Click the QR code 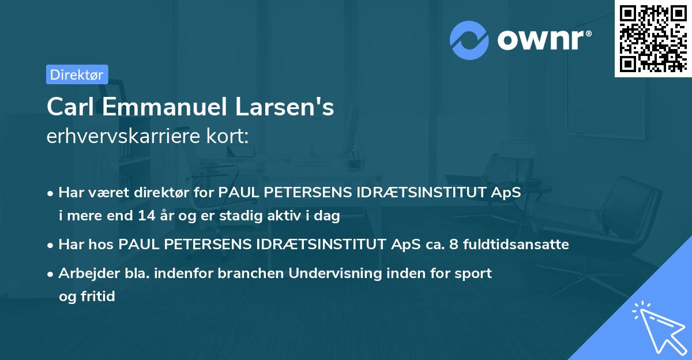pyautogui.click(x=653, y=39)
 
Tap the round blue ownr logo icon pyautogui.click(x=469, y=40)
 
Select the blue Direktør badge pyautogui.click(x=77, y=74)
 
